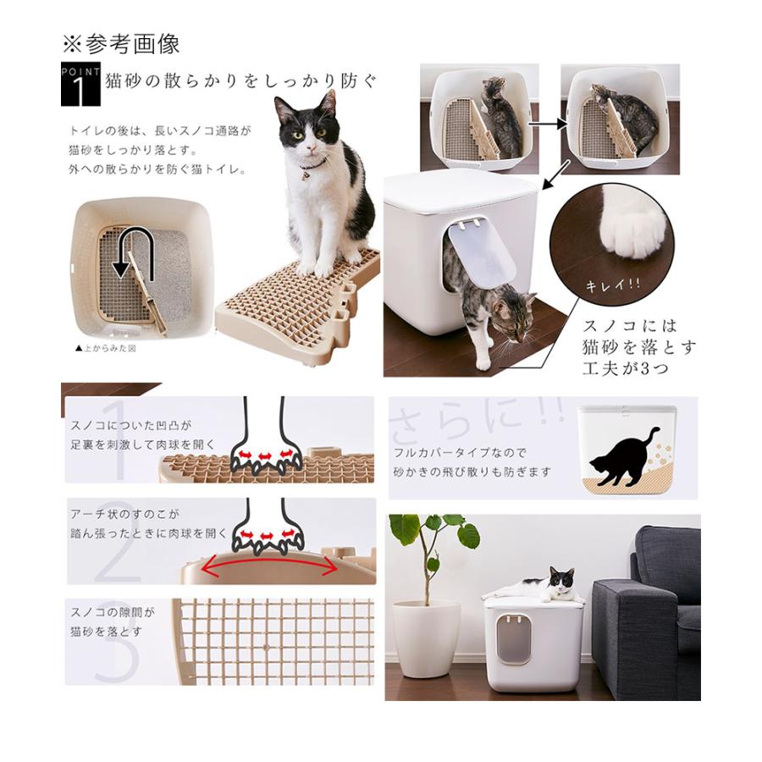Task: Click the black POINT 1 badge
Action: [81, 85]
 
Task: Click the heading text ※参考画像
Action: [121, 43]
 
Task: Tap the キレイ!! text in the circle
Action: [610, 284]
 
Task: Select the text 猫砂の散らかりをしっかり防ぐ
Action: [240, 81]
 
